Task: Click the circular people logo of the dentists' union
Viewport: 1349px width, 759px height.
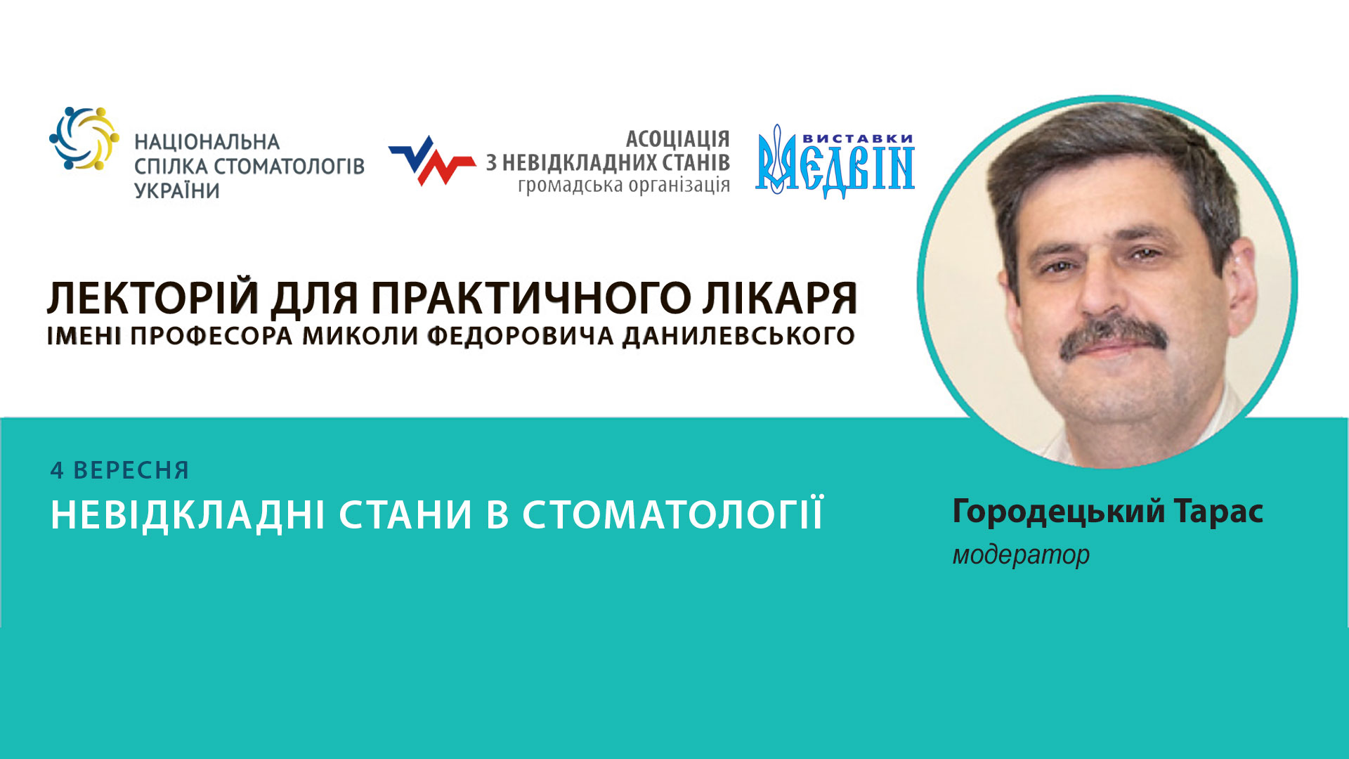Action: pos(84,138)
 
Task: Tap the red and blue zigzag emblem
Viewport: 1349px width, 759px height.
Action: pos(431,161)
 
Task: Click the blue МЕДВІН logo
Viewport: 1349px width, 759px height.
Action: pos(835,168)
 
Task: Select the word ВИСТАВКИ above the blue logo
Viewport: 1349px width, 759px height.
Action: pos(857,138)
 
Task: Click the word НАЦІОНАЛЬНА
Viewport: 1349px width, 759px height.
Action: pos(207,142)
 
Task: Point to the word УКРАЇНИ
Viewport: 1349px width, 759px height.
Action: pos(177,190)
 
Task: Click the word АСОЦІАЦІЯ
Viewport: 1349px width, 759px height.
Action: pos(677,138)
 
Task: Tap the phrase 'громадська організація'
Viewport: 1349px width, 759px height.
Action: pos(623,186)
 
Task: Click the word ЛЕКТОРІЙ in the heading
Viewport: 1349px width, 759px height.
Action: pos(153,298)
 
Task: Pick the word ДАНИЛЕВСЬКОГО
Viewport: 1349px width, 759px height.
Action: pos(738,336)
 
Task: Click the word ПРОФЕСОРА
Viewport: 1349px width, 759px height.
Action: pos(211,336)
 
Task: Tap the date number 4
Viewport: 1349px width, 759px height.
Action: pos(57,470)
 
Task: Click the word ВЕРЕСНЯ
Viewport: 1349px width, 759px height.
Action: pos(131,470)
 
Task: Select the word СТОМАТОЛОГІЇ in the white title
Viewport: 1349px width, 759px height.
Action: pos(672,514)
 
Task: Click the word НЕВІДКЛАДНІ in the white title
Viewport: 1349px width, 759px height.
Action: pos(188,514)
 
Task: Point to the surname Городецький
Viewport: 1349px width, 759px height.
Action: pos(1058,512)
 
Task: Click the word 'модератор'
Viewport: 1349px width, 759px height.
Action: pos(1020,555)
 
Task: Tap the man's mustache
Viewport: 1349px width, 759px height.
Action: pos(1113,335)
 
